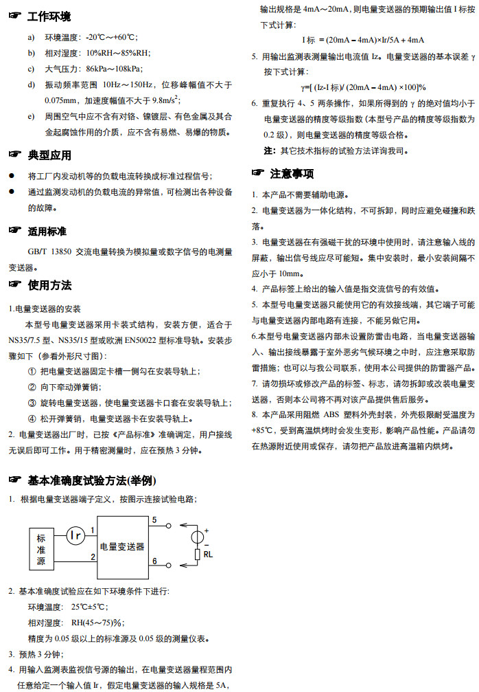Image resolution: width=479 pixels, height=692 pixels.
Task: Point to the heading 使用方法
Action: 49,285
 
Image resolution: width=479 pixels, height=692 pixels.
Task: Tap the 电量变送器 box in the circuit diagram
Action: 122,546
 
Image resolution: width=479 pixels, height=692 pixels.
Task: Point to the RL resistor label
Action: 208,554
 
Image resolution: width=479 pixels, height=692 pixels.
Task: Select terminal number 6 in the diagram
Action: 154,561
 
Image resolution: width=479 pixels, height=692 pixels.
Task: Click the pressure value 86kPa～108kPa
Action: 114,69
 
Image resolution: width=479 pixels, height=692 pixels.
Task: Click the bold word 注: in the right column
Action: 270,150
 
